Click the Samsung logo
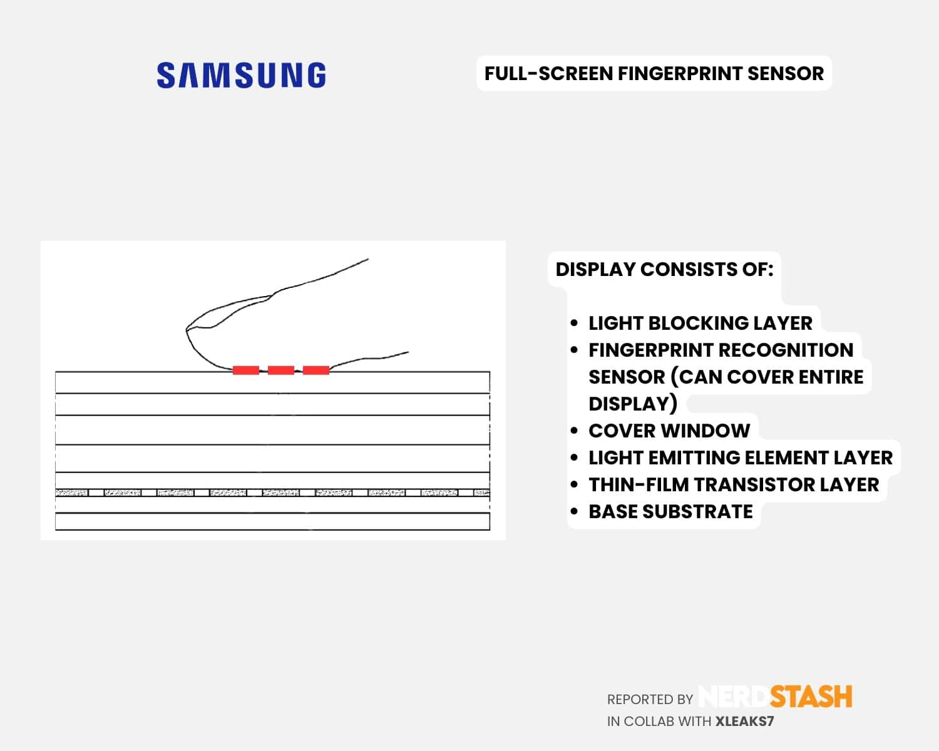coord(241,75)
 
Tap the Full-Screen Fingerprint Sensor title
coord(654,73)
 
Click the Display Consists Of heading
coord(665,269)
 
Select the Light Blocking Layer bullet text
coord(700,324)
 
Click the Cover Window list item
coord(669,431)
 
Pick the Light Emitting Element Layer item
coord(741,457)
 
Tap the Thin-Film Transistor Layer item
coord(734,485)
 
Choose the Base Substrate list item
coord(670,511)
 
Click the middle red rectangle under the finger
coord(281,370)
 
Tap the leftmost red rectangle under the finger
coord(246,370)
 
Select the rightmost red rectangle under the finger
coord(316,370)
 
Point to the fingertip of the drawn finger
coord(187,330)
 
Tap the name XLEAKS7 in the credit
coord(745,722)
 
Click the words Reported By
coord(650,700)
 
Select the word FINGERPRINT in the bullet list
coord(650,350)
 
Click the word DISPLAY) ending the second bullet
coord(633,404)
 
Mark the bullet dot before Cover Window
coord(574,431)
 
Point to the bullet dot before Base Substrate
coord(574,511)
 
